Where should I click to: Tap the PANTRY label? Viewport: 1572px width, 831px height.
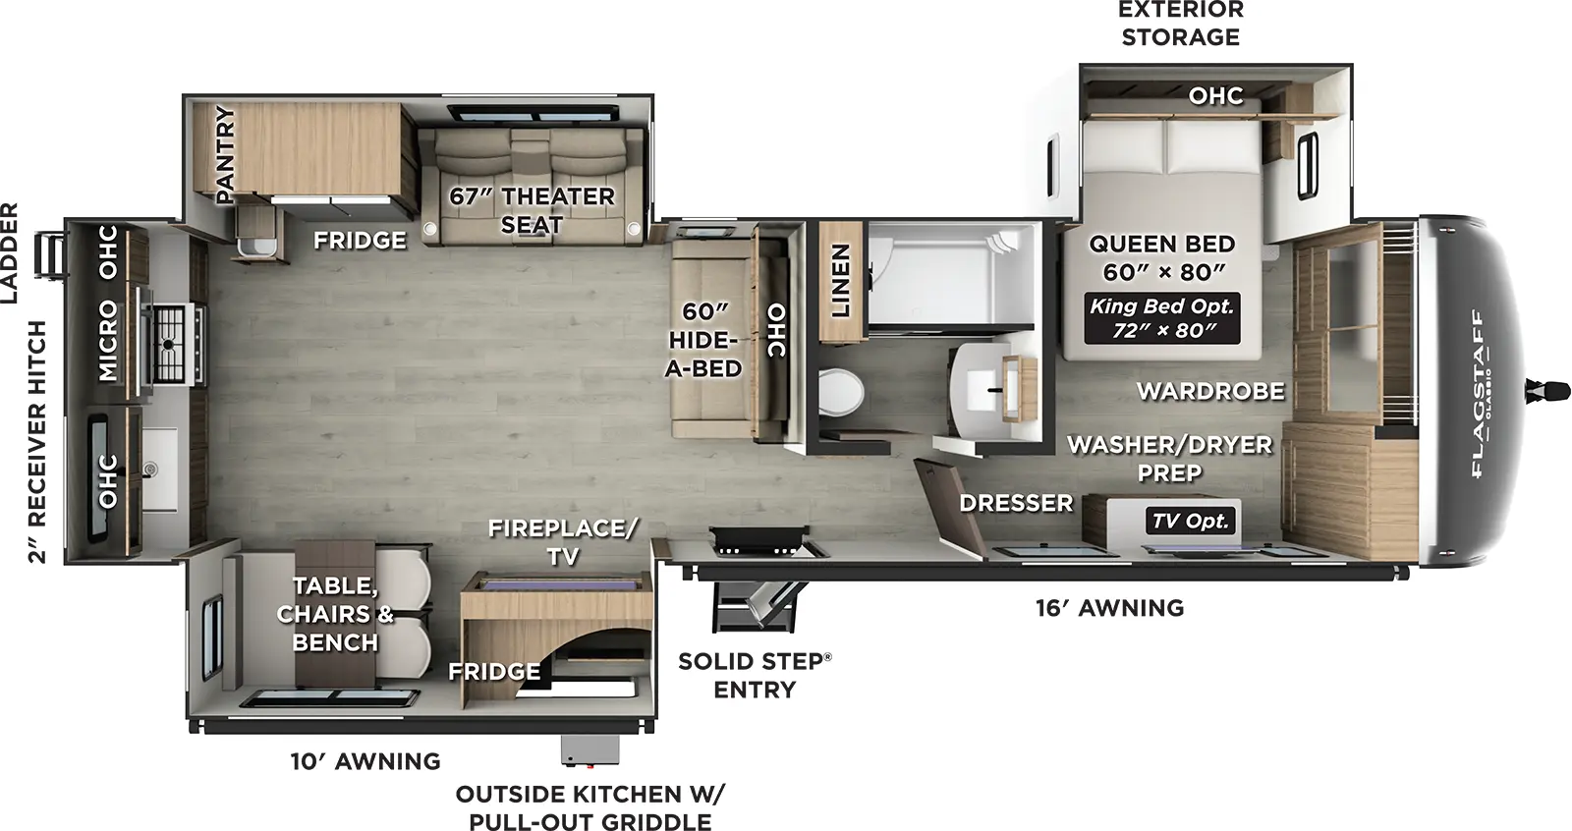[x=225, y=154]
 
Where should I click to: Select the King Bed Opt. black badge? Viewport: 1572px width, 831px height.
[x=1161, y=318]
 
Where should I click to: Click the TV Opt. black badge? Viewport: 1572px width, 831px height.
[x=1191, y=521]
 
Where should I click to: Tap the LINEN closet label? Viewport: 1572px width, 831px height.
[x=840, y=281]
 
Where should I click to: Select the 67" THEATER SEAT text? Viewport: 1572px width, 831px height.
[x=532, y=210]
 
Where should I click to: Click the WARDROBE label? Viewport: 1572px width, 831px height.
[x=1210, y=391]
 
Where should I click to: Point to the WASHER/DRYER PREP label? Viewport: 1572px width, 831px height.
[x=1169, y=458]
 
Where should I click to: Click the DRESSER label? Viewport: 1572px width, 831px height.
[x=1016, y=503]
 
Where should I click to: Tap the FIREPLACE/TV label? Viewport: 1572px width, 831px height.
[x=562, y=542]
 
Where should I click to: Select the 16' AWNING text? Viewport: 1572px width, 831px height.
[x=1109, y=608]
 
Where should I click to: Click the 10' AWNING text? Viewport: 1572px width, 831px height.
[x=365, y=761]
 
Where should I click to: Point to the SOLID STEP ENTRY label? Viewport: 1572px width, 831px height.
[x=755, y=675]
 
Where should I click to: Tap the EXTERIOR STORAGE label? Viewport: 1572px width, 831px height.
[x=1180, y=24]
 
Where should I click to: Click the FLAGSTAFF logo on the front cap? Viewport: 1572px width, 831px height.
[x=1478, y=393]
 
